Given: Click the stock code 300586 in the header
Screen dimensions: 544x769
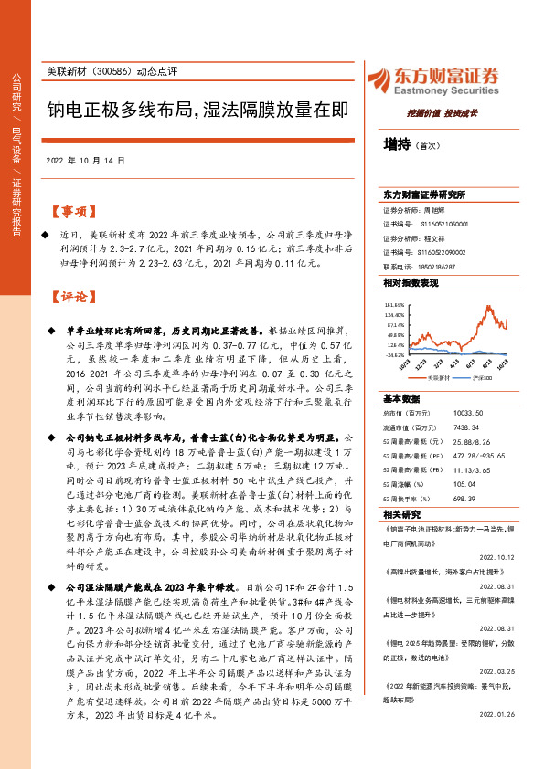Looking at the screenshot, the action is (x=112, y=71).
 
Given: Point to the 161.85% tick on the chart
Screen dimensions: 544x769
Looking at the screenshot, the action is (x=395, y=305).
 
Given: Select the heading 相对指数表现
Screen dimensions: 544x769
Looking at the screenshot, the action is (x=408, y=284).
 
